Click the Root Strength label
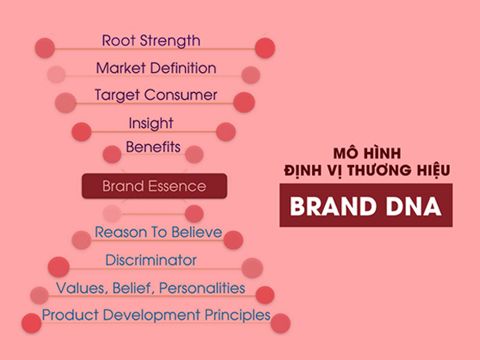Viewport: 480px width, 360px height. pyautogui.click(x=151, y=41)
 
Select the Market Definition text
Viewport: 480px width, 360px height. pyautogui.click(x=155, y=68)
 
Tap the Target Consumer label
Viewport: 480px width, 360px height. pyautogui.click(x=155, y=95)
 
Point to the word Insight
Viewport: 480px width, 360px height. pyautogui.click(x=151, y=123)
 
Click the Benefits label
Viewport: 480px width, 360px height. pyautogui.click(x=153, y=148)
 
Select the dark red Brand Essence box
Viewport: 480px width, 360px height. pyautogui.click(x=154, y=186)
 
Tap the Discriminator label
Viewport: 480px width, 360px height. pyautogui.click(x=151, y=260)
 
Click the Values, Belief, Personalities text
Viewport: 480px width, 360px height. pyautogui.click(x=150, y=288)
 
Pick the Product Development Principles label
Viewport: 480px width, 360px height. pyautogui.click(x=156, y=315)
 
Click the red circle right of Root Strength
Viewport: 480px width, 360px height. pyautogui.click(x=265, y=48)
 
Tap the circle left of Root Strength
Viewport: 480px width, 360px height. pyautogui.click(x=44, y=47)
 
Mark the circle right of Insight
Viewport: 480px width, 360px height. pyautogui.click(x=226, y=131)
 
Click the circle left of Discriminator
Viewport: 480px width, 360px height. pyautogui.click(x=59, y=267)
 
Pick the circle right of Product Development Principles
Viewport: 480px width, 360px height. pyautogui.click(x=281, y=323)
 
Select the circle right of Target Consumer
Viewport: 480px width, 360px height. pyautogui.click(x=244, y=102)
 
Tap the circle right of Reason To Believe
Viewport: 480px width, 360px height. pyautogui.click(x=233, y=240)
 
